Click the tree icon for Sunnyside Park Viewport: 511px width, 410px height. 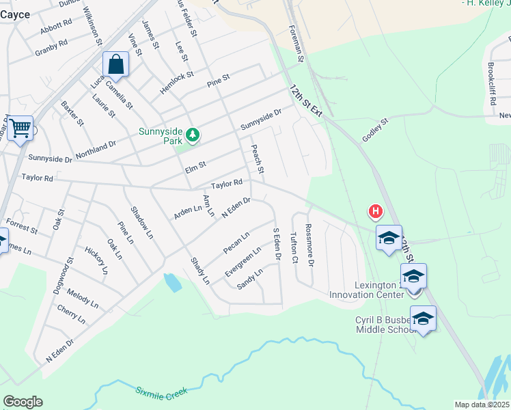[x=193, y=135]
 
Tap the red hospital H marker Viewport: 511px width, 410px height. [x=375, y=212]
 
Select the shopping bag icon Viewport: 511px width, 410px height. [x=116, y=66]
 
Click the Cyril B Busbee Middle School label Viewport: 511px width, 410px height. [x=386, y=325]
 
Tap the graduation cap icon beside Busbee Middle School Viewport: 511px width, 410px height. [x=423, y=318]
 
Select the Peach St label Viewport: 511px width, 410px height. [x=258, y=159]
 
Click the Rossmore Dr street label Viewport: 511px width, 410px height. [x=309, y=245]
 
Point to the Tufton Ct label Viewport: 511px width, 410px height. [x=294, y=248]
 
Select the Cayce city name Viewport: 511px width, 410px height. [x=15, y=14]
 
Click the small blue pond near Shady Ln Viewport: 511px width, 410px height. [x=173, y=282]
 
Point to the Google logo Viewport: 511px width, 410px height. [x=23, y=402]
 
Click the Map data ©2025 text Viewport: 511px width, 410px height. [x=482, y=405]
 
